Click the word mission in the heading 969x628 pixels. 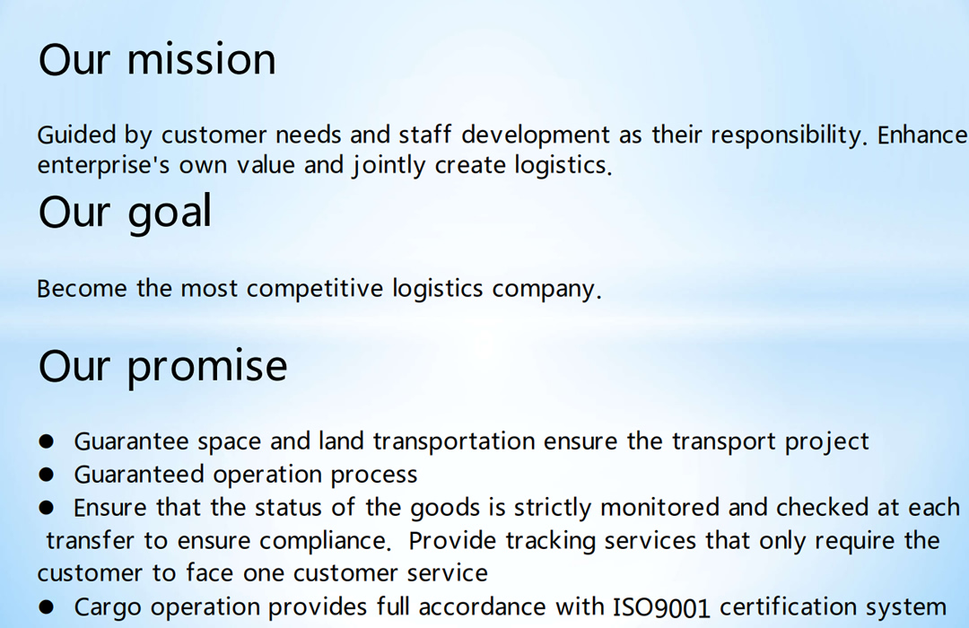point(202,60)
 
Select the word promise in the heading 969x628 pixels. point(207,367)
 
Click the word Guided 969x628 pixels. point(76,135)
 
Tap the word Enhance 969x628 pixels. point(922,135)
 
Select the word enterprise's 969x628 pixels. point(103,166)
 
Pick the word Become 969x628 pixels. point(82,289)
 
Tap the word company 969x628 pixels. point(546,289)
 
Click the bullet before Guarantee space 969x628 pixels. point(46,441)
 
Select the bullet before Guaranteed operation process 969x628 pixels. point(46,475)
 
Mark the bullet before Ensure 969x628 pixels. point(46,508)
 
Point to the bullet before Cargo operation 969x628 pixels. point(46,607)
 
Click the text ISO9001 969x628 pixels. point(661,607)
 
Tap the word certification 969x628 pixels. point(788,606)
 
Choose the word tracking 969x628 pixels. point(550,541)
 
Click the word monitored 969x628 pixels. point(660,508)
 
